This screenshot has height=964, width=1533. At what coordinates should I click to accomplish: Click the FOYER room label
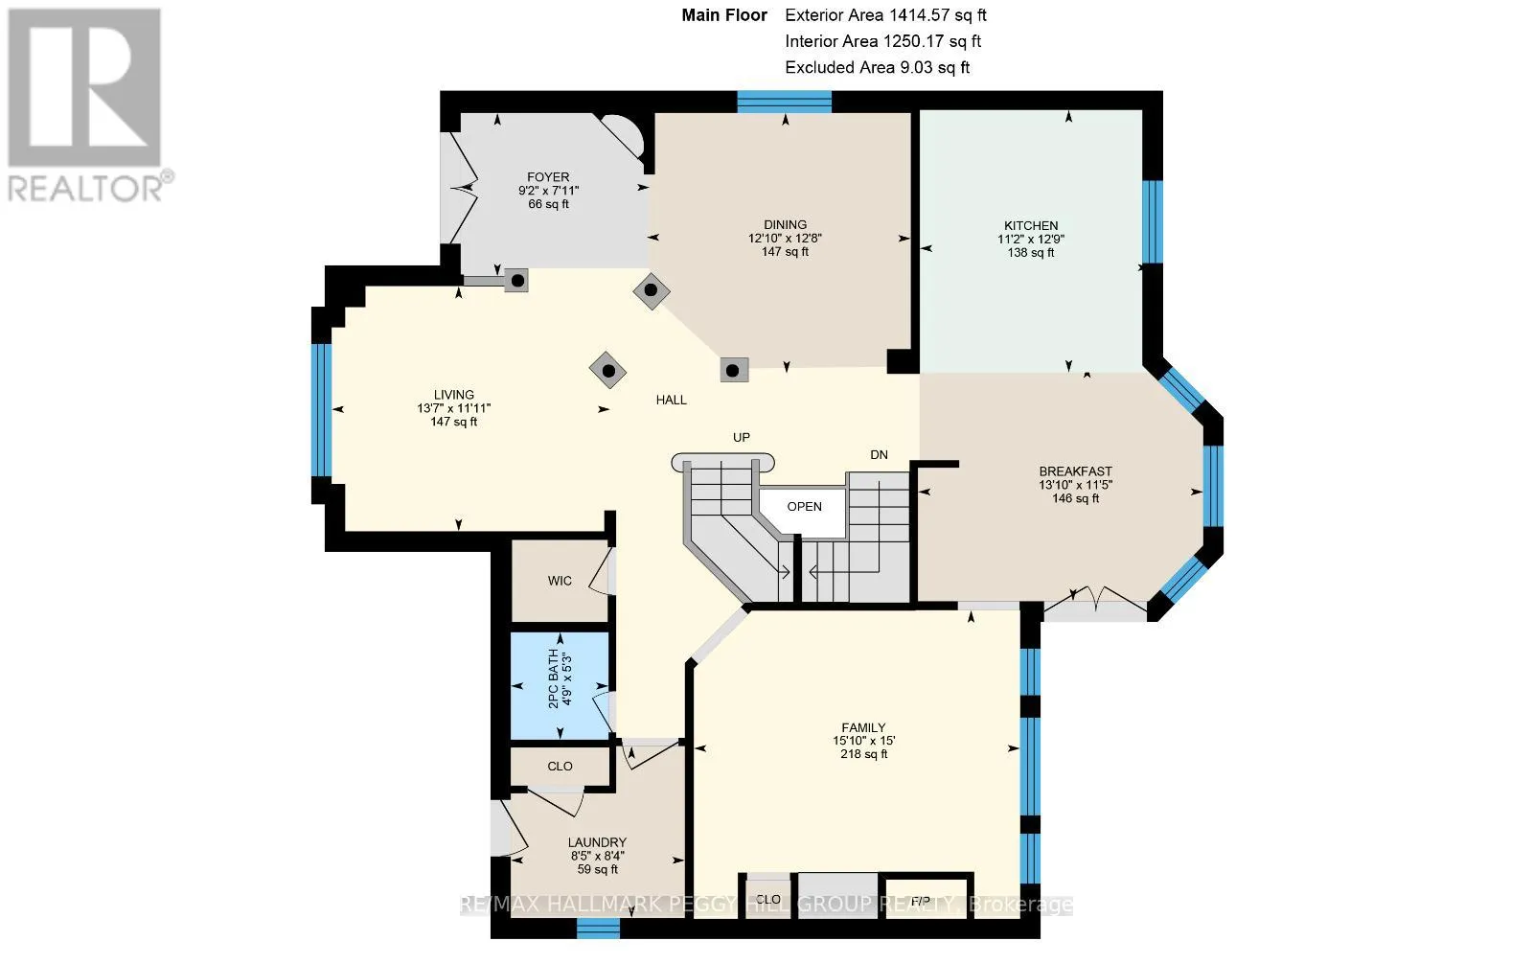point(548,177)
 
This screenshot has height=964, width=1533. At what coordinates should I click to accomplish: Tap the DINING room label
point(785,224)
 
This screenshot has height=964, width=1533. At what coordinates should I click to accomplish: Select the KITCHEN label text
point(1031,226)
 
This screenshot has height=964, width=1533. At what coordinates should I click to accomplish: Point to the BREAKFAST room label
point(1075,471)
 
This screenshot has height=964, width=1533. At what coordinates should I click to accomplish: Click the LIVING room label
point(454,395)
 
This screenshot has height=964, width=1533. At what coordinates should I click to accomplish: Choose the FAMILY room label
point(863,728)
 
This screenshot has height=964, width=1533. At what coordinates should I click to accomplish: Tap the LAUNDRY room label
point(598,843)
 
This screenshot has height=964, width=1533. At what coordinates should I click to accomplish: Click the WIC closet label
point(560,582)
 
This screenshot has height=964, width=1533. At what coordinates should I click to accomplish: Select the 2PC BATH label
point(554,677)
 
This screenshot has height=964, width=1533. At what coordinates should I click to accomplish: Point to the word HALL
point(672,401)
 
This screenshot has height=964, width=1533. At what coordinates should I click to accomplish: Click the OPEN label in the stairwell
point(804,507)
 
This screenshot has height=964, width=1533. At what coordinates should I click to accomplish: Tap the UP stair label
point(742,438)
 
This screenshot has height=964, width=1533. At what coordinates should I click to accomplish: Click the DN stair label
point(880,455)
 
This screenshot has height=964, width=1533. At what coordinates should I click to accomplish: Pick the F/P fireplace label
point(921,901)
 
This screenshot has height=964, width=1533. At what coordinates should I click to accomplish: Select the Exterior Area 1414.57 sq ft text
point(885,15)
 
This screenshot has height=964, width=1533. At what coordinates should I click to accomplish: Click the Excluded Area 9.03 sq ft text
point(878,67)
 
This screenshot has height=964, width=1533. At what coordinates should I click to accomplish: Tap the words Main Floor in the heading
point(724,15)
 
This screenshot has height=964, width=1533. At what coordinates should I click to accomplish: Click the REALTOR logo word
point(86,189)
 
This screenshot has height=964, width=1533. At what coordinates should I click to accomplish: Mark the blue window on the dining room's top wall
point(785,102)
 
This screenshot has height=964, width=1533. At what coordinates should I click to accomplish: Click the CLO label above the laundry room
point(560,767)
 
